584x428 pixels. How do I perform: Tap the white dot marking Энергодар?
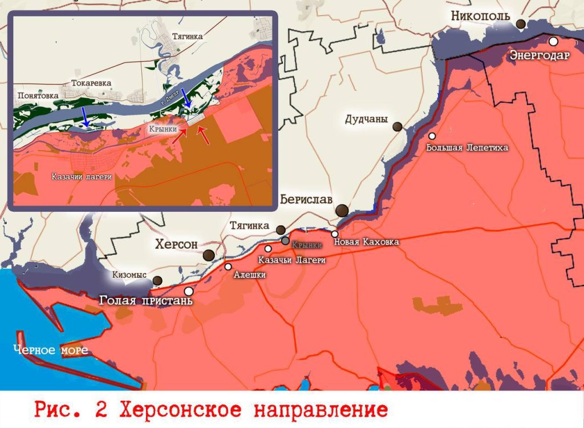point(553,41)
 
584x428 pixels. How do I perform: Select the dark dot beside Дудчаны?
point(398,127)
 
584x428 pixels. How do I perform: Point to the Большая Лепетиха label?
point(467,147)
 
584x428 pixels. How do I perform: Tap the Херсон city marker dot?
point(209,255)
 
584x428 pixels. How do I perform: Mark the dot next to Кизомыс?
point(157,280)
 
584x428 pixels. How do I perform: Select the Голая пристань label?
point(147,300)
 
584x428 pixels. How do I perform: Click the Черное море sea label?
point(51,350)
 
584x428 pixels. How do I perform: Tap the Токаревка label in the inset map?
point(91,83)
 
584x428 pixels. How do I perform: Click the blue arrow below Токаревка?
point(84,116)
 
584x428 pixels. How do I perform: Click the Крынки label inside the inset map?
point(162,129)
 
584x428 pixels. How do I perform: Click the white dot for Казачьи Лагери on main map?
point(268,249)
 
